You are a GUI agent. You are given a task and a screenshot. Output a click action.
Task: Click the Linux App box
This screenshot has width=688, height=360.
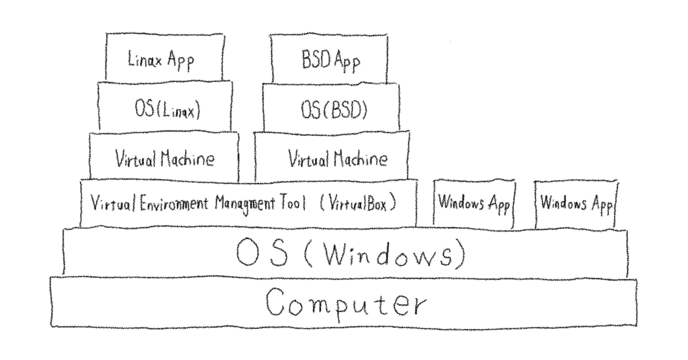pos(164,57)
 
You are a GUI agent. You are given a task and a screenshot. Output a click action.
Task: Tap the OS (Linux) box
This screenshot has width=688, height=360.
pos(165,106)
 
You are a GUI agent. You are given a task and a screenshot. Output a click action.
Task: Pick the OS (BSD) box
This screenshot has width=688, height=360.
pos(331,107)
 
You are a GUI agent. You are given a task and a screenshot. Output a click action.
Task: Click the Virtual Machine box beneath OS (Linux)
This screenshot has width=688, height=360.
pos(164,156)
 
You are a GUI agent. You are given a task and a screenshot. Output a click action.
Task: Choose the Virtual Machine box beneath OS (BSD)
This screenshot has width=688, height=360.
pos(332,156)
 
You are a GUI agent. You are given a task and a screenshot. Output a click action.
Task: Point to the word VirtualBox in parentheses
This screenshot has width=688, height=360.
pos(358,203)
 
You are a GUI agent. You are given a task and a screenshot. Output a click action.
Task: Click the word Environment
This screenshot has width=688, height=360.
pos(174,203)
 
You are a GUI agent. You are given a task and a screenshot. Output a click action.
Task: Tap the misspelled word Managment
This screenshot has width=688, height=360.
pos(245,204)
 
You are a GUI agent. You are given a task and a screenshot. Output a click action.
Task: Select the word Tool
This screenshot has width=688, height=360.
pos(293,203)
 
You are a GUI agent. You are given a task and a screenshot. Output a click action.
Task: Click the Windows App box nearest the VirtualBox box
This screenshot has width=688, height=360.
pos(474,204)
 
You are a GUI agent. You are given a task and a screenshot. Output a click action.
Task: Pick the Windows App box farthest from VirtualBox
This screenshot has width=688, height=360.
pos(576,205)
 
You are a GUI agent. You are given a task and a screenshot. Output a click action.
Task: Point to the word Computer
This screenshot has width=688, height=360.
pos(346,304)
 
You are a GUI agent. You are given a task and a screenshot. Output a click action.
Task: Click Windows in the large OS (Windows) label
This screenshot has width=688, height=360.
pos(389,254)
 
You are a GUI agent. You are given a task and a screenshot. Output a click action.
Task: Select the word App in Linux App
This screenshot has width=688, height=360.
pos(181,61)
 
